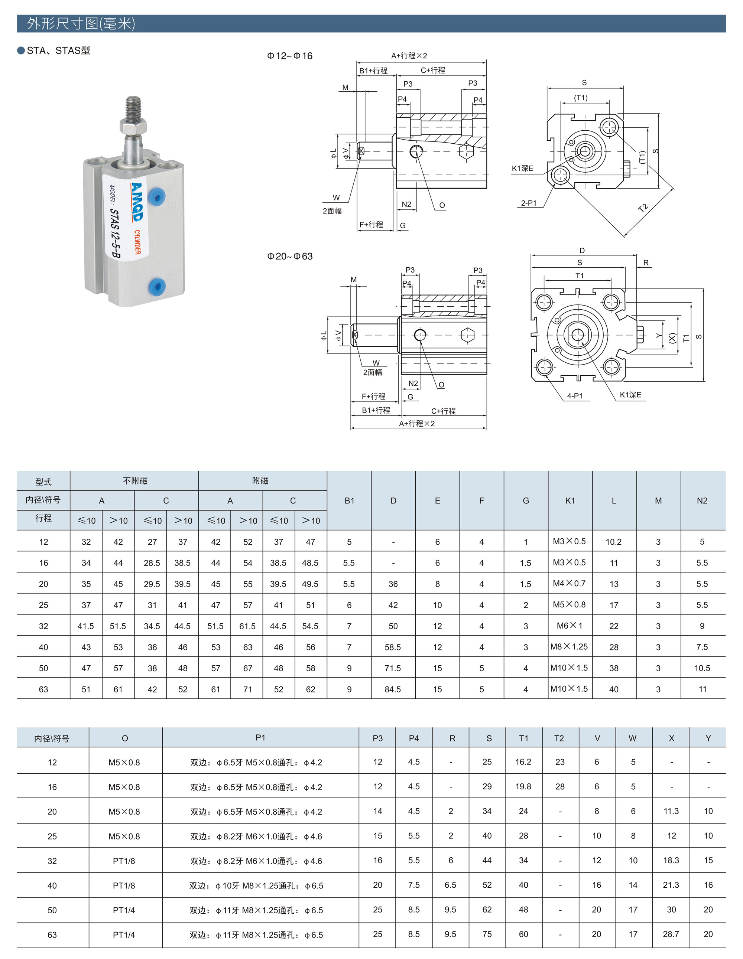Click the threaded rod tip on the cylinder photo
pos(133,106)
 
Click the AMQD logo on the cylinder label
pos(136,202)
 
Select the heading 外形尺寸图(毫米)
pos(81,24)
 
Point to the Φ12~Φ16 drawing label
pos(289,56)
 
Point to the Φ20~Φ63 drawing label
pos(289,257)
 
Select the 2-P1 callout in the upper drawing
pos(529,203)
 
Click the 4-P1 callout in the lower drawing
pos(574,396)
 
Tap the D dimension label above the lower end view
pos(582,251)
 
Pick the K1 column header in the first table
pos(570,500)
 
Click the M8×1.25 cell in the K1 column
pos(569,647)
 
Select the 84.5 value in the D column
pos(393,689)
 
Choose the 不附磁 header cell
pos(135,481)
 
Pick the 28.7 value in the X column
pos(671,934)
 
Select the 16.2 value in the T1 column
pos(523,762)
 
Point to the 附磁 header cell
pos(260,481)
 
